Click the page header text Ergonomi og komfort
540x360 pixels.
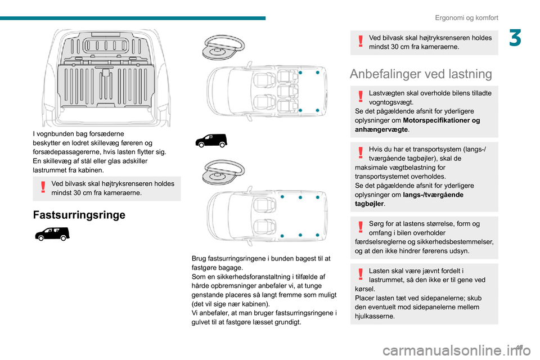pos(466,17)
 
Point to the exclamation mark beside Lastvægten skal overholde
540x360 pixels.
pos(360,96)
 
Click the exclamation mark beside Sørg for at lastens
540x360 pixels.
pos(360,227)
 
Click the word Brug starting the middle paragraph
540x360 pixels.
pos(200,258)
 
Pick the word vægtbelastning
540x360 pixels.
pos(399,167)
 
